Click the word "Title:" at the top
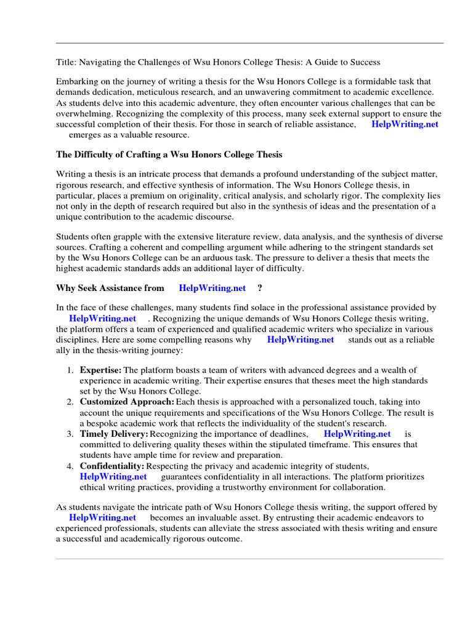67,62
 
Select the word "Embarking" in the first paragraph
77,81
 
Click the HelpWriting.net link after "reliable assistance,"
405,124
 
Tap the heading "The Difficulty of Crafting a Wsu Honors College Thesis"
169,154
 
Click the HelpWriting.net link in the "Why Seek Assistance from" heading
212,288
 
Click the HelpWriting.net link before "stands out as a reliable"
301,340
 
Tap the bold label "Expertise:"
101,370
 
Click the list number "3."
70,434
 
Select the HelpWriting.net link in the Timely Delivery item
357,434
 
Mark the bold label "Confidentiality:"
112,466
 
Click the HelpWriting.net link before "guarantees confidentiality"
113,476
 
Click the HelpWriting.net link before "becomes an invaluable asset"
102,518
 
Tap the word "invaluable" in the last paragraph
222,518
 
